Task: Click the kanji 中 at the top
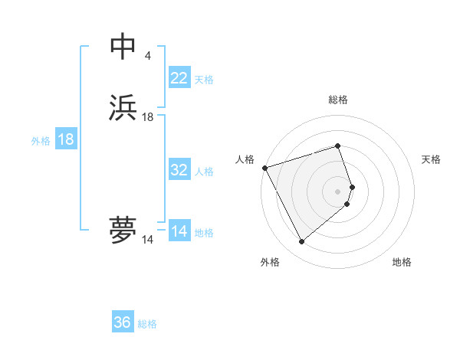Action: (123, 47)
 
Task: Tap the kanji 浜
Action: (123, 108)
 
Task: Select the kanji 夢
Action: (123, 230)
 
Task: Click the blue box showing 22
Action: (179, 78)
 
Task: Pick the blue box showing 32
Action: (179, 170)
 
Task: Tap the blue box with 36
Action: (123, 322)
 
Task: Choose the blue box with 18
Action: (66, 139)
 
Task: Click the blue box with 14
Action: (179, 231)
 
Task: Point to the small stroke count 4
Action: (147, 56)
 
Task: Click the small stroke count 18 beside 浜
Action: (148, 117)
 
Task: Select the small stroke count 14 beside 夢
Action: (148, 240)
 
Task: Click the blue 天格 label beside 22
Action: (204, 80)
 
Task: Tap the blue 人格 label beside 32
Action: (204, 172)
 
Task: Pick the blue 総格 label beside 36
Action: (147, 324)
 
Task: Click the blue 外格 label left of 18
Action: (41, 141)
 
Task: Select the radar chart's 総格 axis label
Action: (338, 100)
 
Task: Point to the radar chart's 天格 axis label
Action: (432, 159)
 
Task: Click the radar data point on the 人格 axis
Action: (264, 167)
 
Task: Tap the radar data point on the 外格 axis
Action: (302, 242)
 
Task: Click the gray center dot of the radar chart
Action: (338, 191)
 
